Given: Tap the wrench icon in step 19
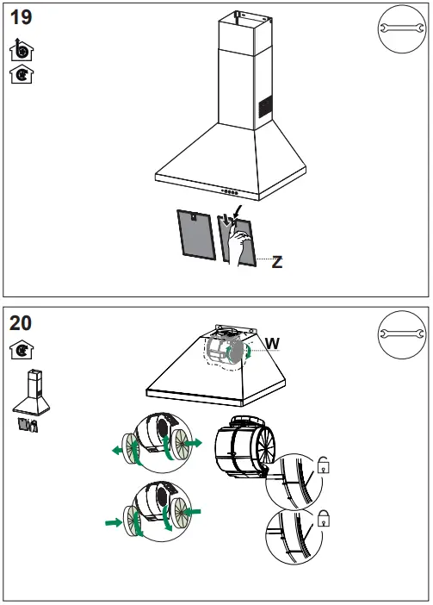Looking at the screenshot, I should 400,32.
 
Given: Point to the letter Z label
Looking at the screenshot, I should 276,262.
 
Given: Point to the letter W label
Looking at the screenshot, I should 272,344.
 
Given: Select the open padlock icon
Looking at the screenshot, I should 325,466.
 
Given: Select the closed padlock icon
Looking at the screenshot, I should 325,517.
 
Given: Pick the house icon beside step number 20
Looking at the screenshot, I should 19,351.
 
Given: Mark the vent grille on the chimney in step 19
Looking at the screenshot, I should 266,109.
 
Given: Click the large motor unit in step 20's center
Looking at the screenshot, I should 244,446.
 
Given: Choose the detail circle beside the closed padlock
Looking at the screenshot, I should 294,537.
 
